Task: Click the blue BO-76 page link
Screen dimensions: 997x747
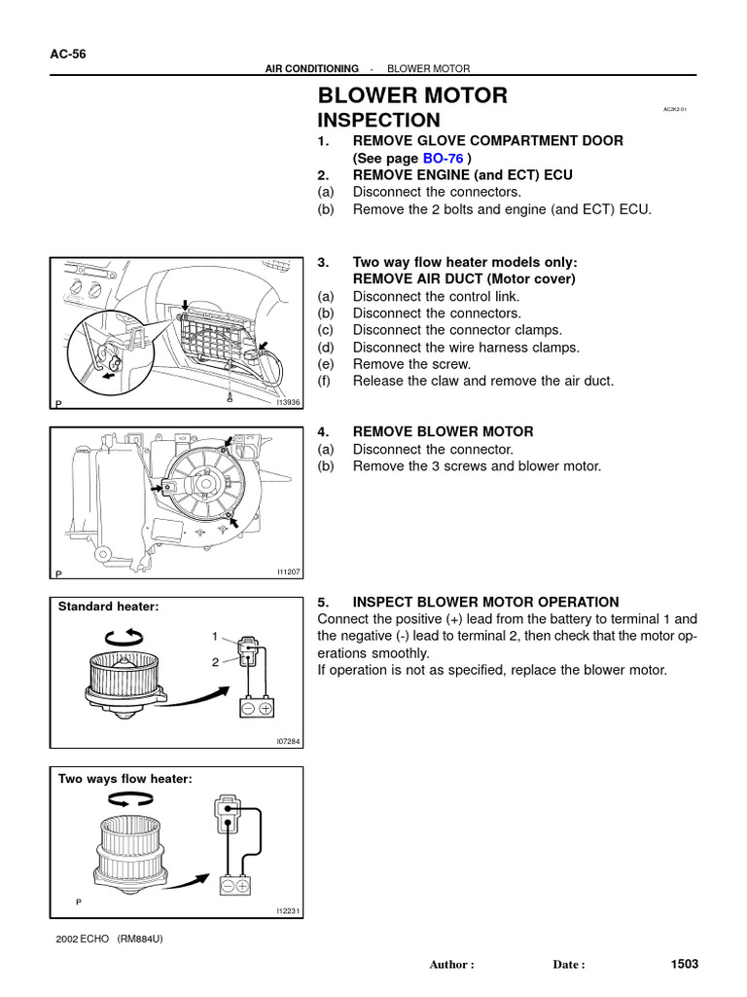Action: point(442,158)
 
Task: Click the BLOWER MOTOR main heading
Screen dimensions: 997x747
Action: point(413,95)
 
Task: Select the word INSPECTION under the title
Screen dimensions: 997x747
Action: point(379,121)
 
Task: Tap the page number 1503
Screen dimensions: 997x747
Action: point(685,964)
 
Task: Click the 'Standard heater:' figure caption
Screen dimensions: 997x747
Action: point(108,607)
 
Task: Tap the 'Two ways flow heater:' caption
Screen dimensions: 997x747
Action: point(125,778)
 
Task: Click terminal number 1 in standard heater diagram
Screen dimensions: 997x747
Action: point(215,636)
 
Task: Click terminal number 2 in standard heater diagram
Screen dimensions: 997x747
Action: point(215,661)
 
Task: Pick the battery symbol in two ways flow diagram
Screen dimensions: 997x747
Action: point(235,885)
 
